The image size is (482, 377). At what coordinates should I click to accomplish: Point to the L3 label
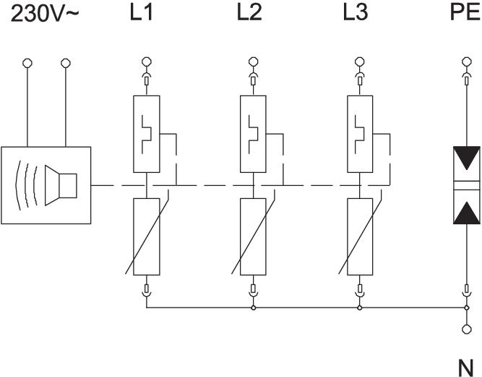(x=356, y=14)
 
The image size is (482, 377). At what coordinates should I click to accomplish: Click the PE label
(x=465, y=14)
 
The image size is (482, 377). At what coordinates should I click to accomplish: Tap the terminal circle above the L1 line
(x=147, y=62)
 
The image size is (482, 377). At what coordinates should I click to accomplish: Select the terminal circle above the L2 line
(x=253, y=62)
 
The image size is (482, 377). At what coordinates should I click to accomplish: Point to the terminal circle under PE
(x=466, y=62)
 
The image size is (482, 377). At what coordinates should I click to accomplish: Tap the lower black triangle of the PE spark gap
(x=466, y=212)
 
